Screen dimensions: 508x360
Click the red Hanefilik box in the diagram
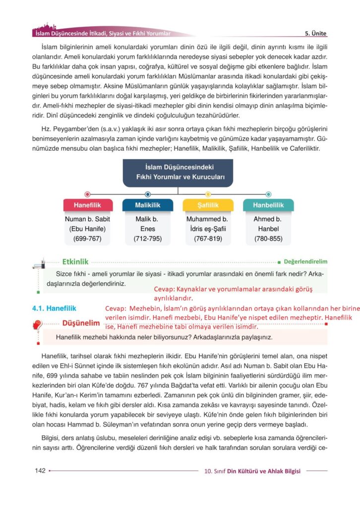[87, 205]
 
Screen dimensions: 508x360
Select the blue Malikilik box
[147, 205]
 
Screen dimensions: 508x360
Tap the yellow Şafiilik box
[208, 205]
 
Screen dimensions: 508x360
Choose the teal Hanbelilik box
[268, 205]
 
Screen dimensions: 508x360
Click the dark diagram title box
[178, 172]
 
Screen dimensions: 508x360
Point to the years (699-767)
[87, 239]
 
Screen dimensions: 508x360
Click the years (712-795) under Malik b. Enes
[147, 239]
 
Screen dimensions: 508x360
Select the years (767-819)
[208, 239]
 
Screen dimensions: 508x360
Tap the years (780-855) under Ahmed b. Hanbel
[268, 239]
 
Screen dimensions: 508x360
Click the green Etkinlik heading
[75, 261]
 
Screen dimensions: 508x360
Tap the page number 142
[40, 470]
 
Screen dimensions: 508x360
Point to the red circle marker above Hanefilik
[87, 194]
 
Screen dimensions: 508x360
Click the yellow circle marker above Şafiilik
[208, 194]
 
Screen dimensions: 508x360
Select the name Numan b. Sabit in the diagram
[87, 219]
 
